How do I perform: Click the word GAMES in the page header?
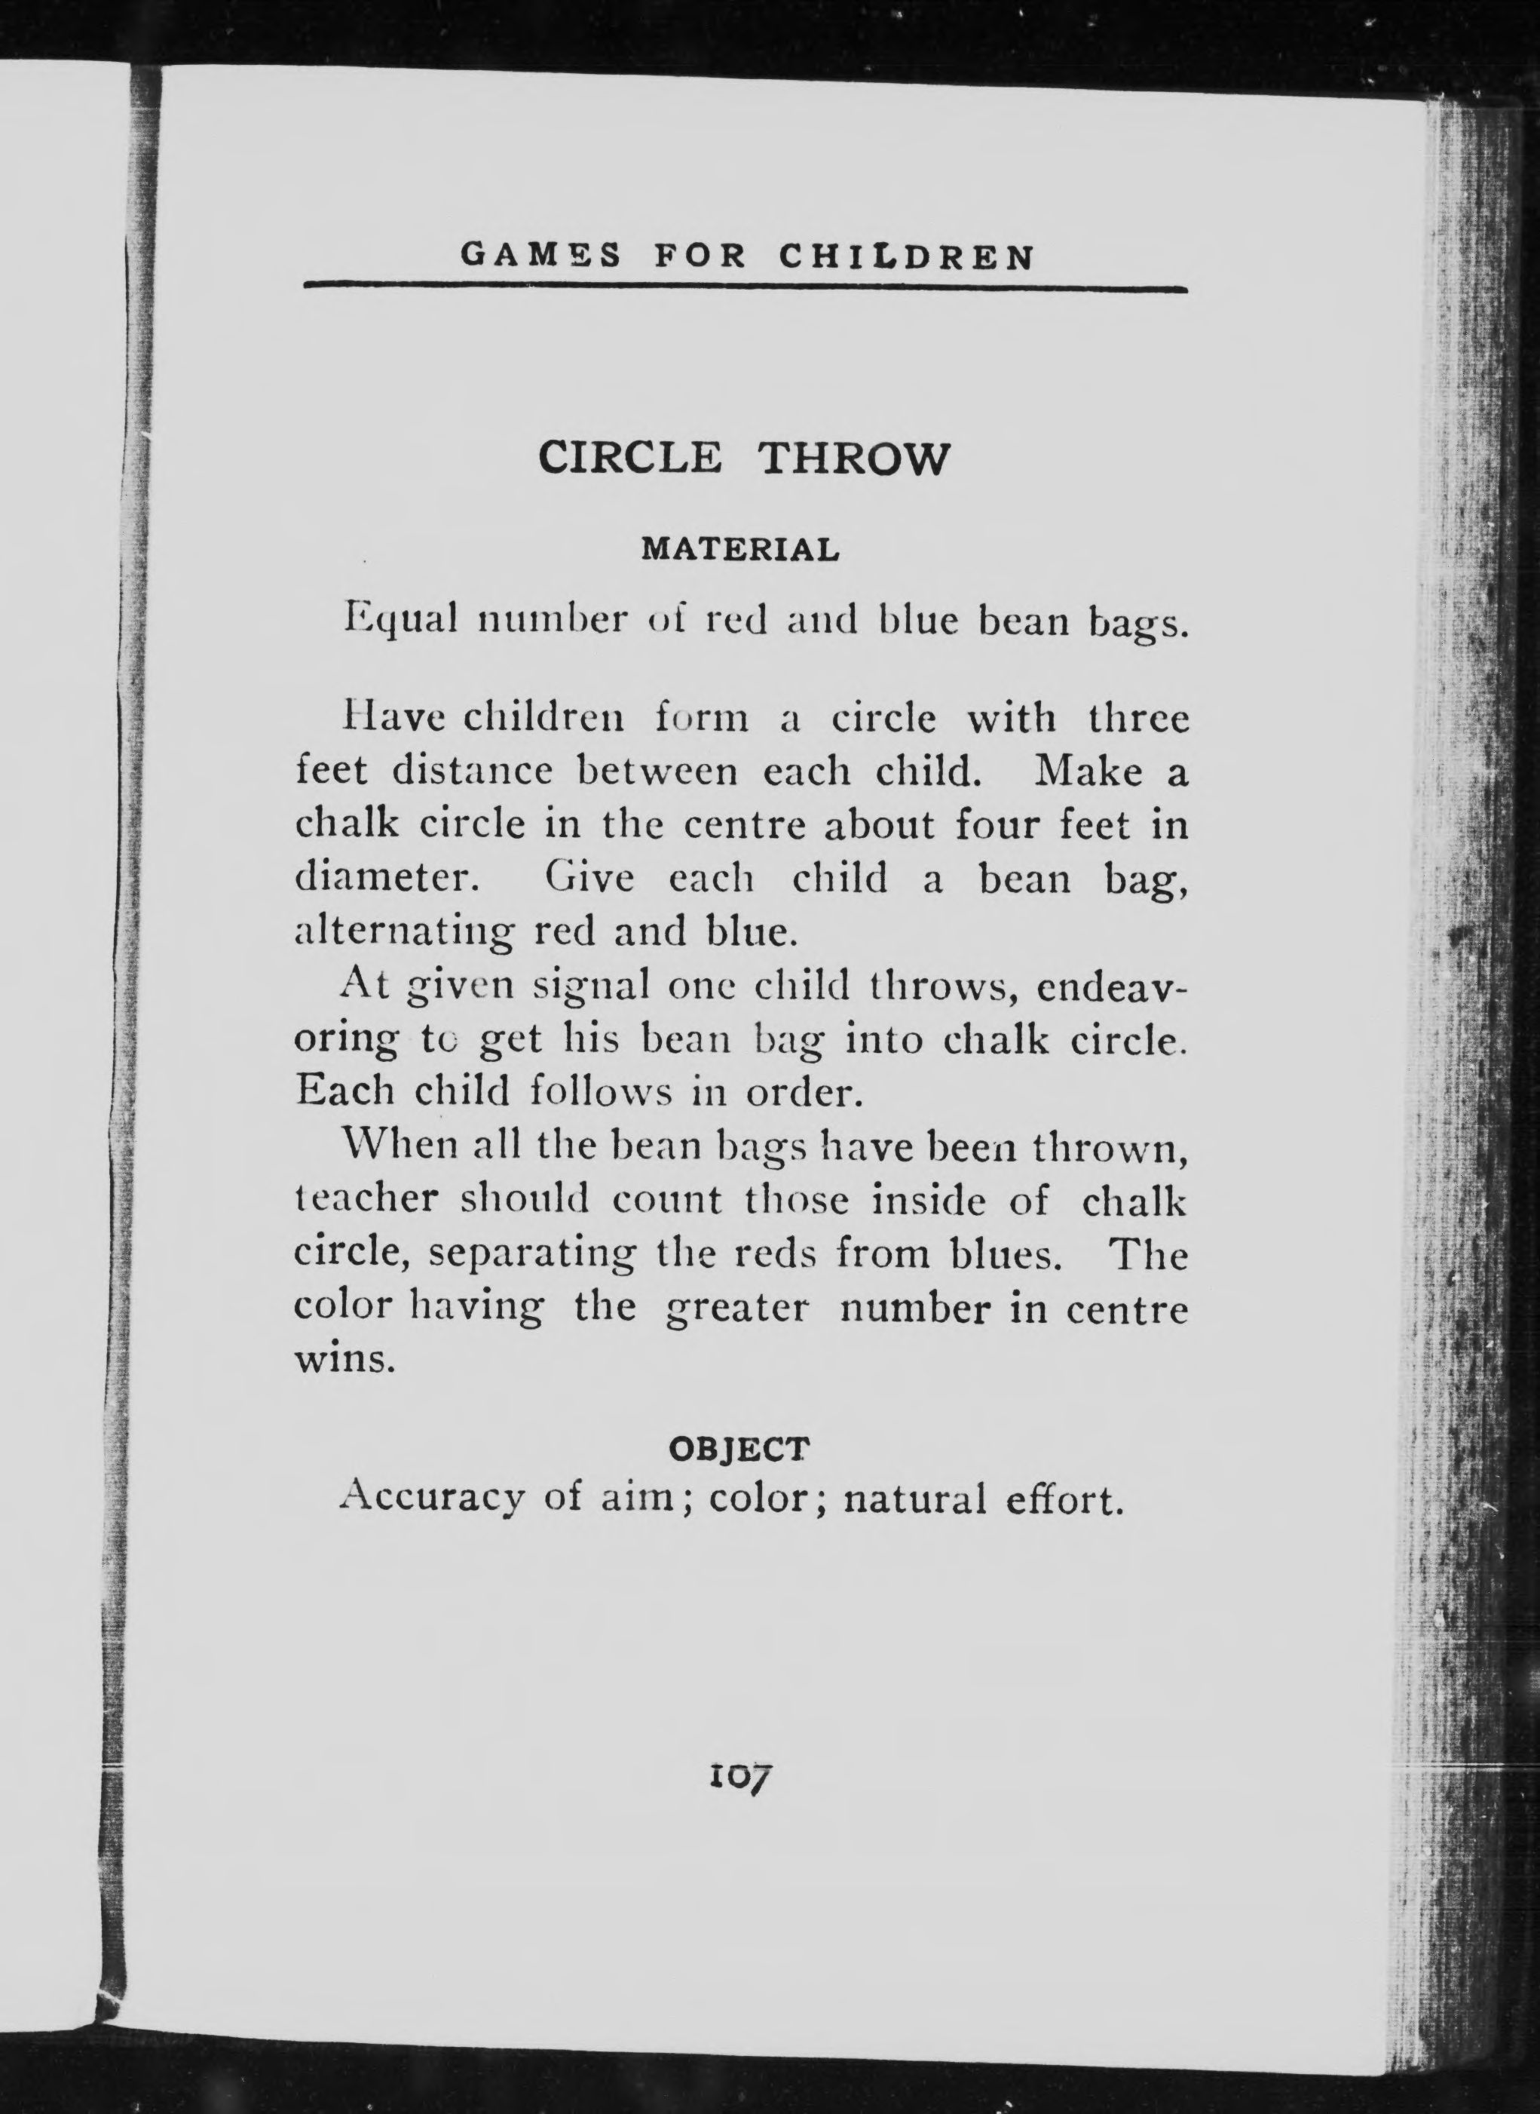tap(540, 256)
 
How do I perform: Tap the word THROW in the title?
tap(854, 459)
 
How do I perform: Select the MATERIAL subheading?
tap(740, 550)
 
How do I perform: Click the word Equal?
tap(402, 620)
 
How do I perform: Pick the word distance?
tap(472, 772)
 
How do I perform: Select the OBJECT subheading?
tap(739, 1448)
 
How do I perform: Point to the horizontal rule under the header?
tap(745, 289)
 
